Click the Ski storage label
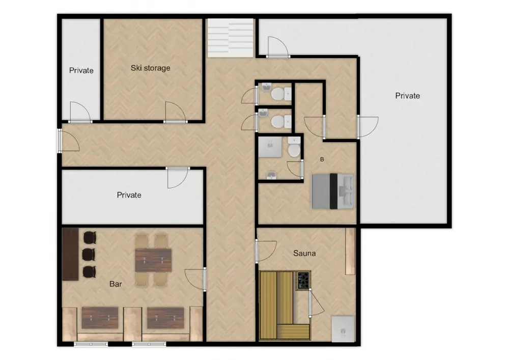coord(150,68)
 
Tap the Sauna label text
coord(304,253)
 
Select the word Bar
coord(116,284)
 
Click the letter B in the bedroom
coord(322,159)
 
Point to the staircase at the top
coord(230,38)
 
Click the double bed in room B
coord(332,191)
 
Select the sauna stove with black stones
coord(302,280)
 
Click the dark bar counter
coord(70,254)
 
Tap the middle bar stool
coord(89,255)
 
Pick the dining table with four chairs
coord(154,260)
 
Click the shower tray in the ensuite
coord(270,147)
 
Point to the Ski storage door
coord(175,112)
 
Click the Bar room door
coord(195,280)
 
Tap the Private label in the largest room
coord(407,96)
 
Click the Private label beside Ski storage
coord(81,70)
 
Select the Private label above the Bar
coord(129,195)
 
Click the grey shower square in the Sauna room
coord(343,329)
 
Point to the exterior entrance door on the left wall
coord(68,141)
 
